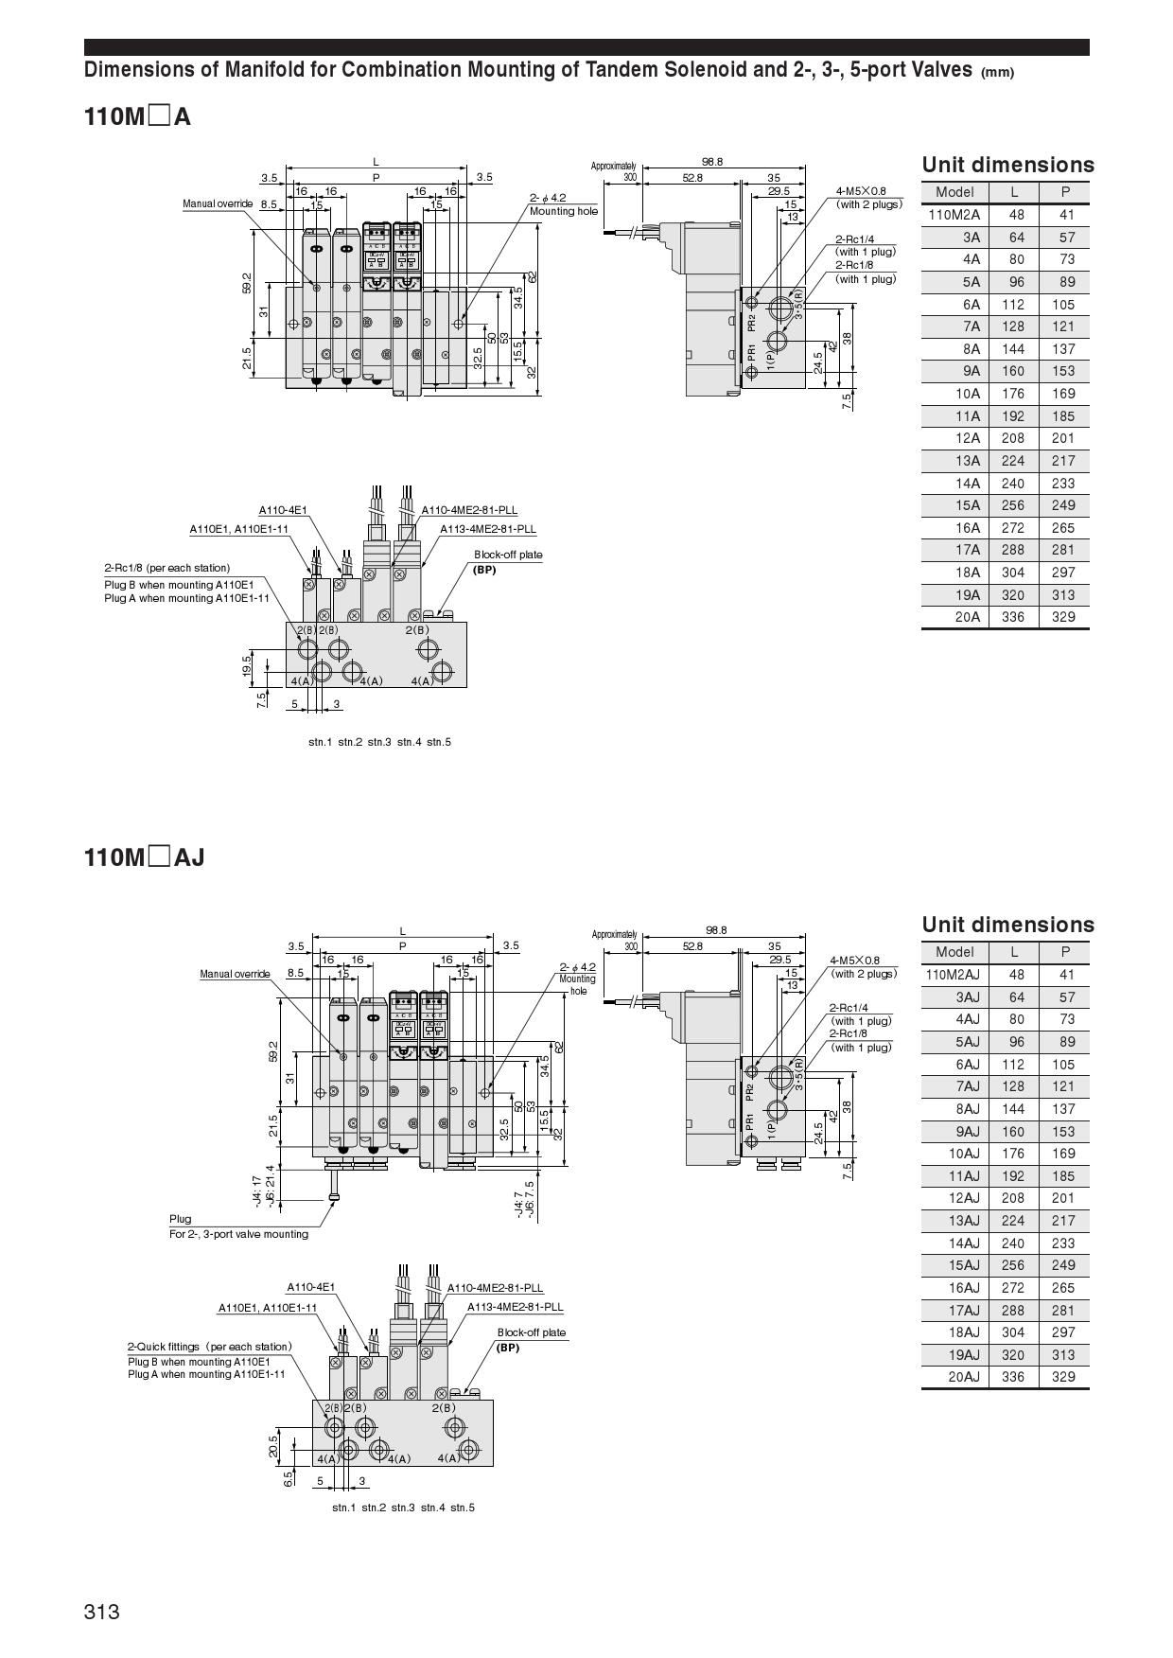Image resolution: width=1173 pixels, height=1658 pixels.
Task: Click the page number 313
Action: pyautogui.click(x=102, y=1612)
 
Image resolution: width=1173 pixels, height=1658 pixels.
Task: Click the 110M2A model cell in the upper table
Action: pyautogui.click(x=954, y=215)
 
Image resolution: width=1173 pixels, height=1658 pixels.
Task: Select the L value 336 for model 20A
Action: pyautogui.click(x=1013, y=617)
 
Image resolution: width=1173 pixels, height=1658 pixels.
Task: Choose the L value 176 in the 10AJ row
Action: pyautogui.click(x=1013, y=1154)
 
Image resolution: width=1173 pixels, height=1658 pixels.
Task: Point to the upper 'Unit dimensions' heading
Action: pyautogui.click(x=1007, y=165)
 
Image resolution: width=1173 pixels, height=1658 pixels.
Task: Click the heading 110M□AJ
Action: pyautogui.click(x=144, y=857)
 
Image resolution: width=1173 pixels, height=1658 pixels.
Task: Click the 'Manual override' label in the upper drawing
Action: pyautogui.click(x=218, y=203)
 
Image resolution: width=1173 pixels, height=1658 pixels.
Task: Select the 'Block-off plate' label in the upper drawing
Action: pyautogui.click(x=508, y=555)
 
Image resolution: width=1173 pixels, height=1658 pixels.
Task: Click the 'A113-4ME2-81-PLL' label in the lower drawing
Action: pyautogui.click(x=515, y=1307)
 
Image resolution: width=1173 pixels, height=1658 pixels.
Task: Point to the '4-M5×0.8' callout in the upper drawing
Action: pyautogui.click(x=861, y=191)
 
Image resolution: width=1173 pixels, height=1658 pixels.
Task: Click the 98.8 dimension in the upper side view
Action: pyautogui.click(x=712, y=162)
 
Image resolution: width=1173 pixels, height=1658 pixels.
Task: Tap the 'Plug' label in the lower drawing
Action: pyautogui.click(x=180, y=1219)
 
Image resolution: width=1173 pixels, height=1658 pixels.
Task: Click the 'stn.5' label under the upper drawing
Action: pyautogui.click(x=439, y=742)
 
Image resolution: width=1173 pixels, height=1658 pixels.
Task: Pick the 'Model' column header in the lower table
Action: pyautogui.click(x=954, y=952)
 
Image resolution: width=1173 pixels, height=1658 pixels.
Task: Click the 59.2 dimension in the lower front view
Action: pyautogui.click(x=273, y=1051)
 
